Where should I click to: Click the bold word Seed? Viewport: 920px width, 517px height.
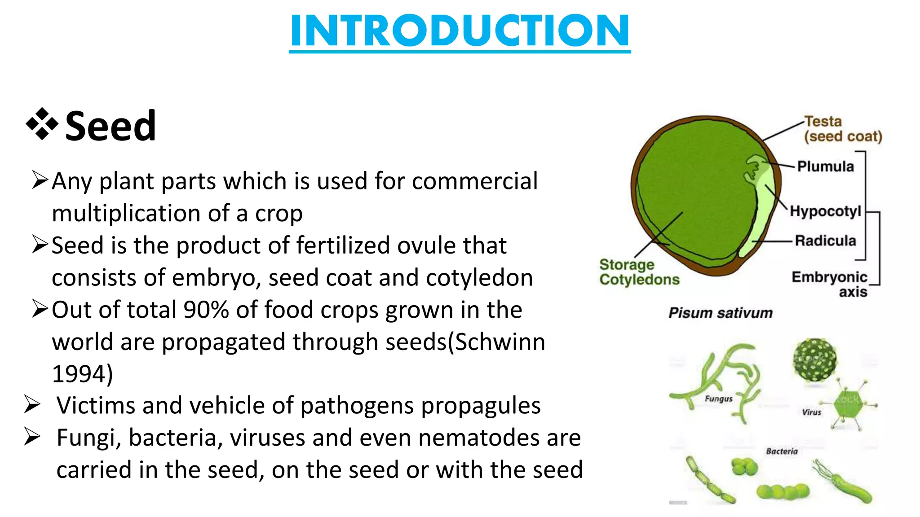click(x=111, y=126)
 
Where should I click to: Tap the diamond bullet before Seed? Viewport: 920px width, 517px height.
click(x=42, y=124)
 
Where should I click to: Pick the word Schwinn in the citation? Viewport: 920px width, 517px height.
click(x=500, y=342)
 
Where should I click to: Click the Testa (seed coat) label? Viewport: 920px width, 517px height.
click(x=842, y=129)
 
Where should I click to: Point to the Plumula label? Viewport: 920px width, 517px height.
click(x=825, y=166)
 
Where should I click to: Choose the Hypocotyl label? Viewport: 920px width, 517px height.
click(x=825, y=211)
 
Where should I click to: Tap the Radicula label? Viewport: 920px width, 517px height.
click(x=825, y=241)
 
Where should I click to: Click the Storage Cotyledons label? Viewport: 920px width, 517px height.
click(x=639, y=272)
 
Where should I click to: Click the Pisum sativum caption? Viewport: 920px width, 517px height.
click(x=720, y=313)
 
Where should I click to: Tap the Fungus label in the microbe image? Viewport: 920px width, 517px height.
click(x=718, y=399)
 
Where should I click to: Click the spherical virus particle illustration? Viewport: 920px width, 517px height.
click(x=815, y=360)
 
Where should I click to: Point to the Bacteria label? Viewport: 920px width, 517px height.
click(x=782, y=451)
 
